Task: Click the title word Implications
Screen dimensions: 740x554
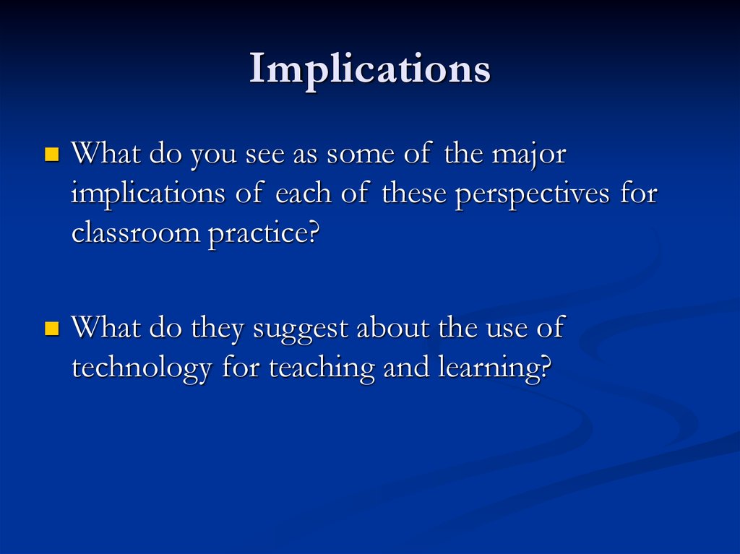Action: tap(370, 70)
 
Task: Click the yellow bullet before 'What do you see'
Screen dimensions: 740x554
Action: tap(52, 155)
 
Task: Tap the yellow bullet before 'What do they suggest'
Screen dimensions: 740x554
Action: tap(52, 328)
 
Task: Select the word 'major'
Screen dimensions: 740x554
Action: tap(529, 156)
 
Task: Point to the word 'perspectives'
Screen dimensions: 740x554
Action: tap(533, 194)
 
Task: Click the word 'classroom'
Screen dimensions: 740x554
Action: tap(136, 232)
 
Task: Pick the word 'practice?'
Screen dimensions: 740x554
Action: tap(264, 234)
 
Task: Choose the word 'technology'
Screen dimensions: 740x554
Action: tap(142, 369)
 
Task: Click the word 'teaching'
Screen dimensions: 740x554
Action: tap(322, 369)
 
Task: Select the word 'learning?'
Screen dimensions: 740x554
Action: tap(494, 369)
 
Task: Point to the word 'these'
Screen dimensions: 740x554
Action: tap(414, 193)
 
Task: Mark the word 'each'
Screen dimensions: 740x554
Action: tap(303, 193)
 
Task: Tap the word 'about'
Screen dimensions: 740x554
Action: tap(393, 327)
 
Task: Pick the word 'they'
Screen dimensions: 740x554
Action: tap(217, 330)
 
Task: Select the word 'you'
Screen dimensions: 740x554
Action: tap(213, 157)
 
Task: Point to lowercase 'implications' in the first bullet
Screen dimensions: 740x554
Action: tap(148, 194)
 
